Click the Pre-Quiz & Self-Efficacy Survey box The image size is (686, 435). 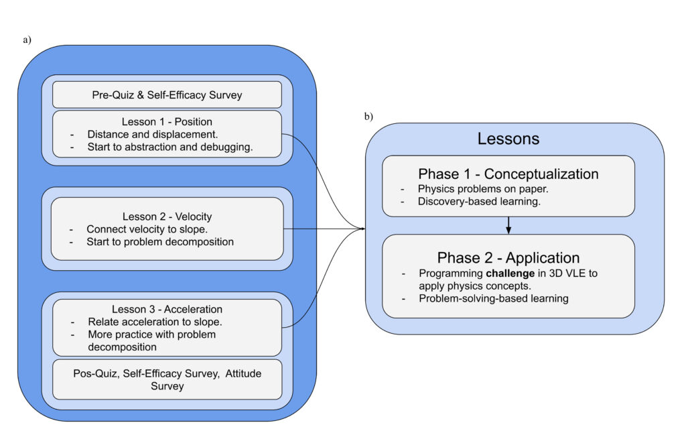point(167,95)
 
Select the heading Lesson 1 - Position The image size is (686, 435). point(167,122)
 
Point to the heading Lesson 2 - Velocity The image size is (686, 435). point(167,216)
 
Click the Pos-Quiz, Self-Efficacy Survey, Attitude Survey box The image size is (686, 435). point(167,379)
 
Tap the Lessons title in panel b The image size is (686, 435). point(508,139)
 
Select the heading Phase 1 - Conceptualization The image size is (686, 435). point(508,174)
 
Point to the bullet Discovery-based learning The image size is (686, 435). point(479,201)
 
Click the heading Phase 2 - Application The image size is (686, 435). point(508,258)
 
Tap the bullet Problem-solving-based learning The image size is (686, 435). point(493,298)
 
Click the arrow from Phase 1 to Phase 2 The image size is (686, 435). point(508,225)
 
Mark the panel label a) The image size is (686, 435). point(27,40)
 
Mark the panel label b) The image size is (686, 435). point(368,116)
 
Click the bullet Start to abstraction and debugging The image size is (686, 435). point(169,147)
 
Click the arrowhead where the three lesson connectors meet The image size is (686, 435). point(362,229)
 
